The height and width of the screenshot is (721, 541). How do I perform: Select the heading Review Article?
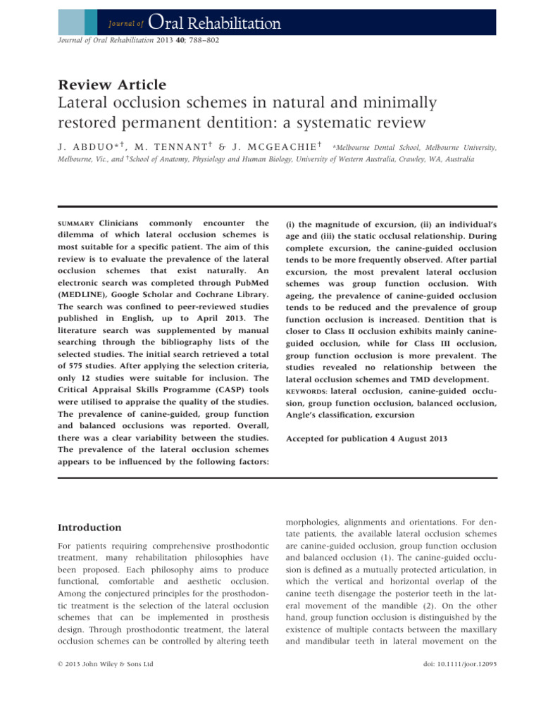113,85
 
